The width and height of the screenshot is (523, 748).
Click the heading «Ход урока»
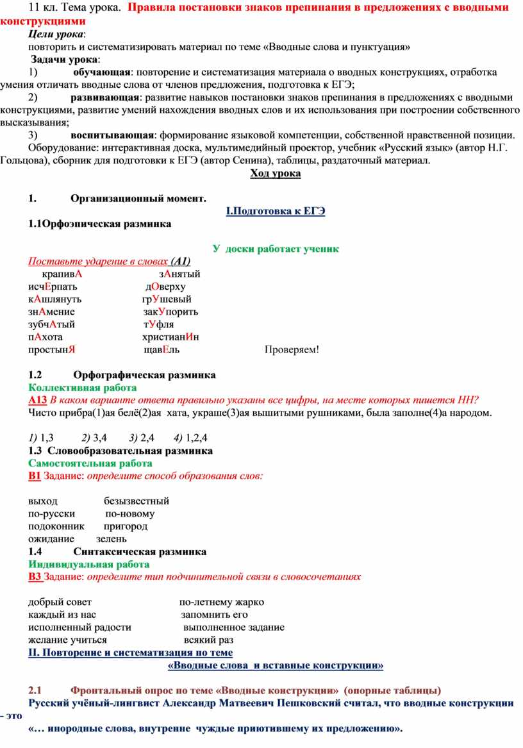coord(275,174)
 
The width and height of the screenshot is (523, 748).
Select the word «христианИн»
coord(171,337)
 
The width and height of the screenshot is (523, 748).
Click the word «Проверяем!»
coord(292,349)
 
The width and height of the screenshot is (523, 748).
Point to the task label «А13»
coord(38,400)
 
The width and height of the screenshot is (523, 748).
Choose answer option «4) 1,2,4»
coord(190,438)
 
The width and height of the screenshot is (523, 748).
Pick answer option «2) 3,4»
coord(94,438)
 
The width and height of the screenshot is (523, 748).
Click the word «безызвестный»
coord(137,501)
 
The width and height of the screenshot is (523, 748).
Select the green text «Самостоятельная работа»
coord(90,463)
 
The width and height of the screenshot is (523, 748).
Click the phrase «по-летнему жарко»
coord(221,602)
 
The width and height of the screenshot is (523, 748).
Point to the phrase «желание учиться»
coord(67,640)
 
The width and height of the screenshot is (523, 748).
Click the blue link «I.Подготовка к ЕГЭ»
coord(276,212)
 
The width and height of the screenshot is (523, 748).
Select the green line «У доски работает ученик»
coord(276,249)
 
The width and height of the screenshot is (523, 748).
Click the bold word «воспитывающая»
coord(112,135)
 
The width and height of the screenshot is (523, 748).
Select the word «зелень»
coord(112,539)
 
